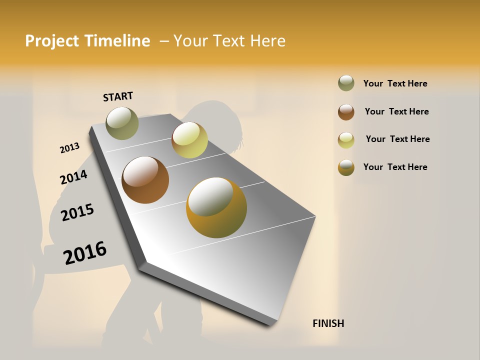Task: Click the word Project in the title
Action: tap(52, 41)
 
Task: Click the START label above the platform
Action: tap(118, 96)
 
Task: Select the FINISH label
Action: tap(328, 323)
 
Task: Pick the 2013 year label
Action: tap(69, 148)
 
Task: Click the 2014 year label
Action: tap(73, 177)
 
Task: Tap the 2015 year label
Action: tap(77, 212)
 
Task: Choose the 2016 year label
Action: tap(85, 253)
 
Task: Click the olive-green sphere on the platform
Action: tap(122, 123)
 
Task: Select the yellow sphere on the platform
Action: tap(189, 140)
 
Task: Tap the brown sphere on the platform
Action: tap(145, 180)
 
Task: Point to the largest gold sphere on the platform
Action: tap(216, 207)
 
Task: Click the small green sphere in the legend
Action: tap(346, 83)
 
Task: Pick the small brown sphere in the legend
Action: tap(346, 111)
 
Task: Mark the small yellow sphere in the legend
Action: tap(346, 139)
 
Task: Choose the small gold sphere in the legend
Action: tap(346, 167)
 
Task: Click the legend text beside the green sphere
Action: tap(395, 83)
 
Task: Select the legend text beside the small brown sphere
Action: tap(396, 111)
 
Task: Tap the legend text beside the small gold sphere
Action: tap(395, 167)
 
